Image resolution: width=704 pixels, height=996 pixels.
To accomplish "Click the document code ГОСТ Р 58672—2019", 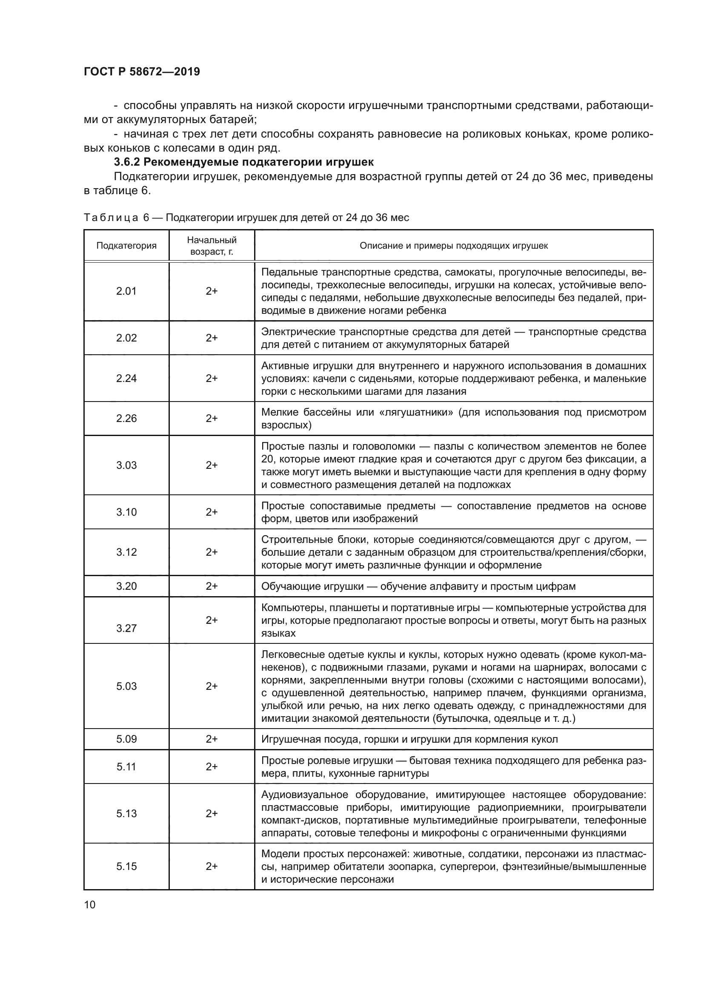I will tap(142, 72).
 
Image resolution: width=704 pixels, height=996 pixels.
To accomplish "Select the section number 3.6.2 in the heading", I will tap(127, 162).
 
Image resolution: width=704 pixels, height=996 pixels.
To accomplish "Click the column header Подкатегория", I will tap(126, 246).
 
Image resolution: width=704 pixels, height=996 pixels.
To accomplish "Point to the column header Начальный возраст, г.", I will tap(212, 246).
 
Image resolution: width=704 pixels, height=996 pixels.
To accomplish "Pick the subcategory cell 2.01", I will tap(126, 291).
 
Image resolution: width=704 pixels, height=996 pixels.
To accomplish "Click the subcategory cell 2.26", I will tap(126, 418).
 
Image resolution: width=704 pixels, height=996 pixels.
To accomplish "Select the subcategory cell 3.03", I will tap(126, 465).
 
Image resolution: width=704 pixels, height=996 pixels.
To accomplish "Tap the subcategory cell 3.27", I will tap(126, 628).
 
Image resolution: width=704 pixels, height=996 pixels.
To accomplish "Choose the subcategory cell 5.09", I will tap(126, 739).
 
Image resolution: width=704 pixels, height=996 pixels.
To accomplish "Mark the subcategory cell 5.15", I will tap(126, 866).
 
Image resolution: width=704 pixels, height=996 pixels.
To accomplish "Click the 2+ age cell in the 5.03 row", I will tap(212, 686).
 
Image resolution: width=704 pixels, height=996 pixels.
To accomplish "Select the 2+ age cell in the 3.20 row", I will tap(212, 586).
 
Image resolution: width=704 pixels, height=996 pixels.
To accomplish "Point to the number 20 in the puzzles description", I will tap(267, 459).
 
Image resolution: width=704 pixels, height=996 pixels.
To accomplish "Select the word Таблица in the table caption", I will tap(111, 218).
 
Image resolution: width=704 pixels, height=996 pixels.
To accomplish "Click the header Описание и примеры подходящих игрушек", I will tap(453, 246).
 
